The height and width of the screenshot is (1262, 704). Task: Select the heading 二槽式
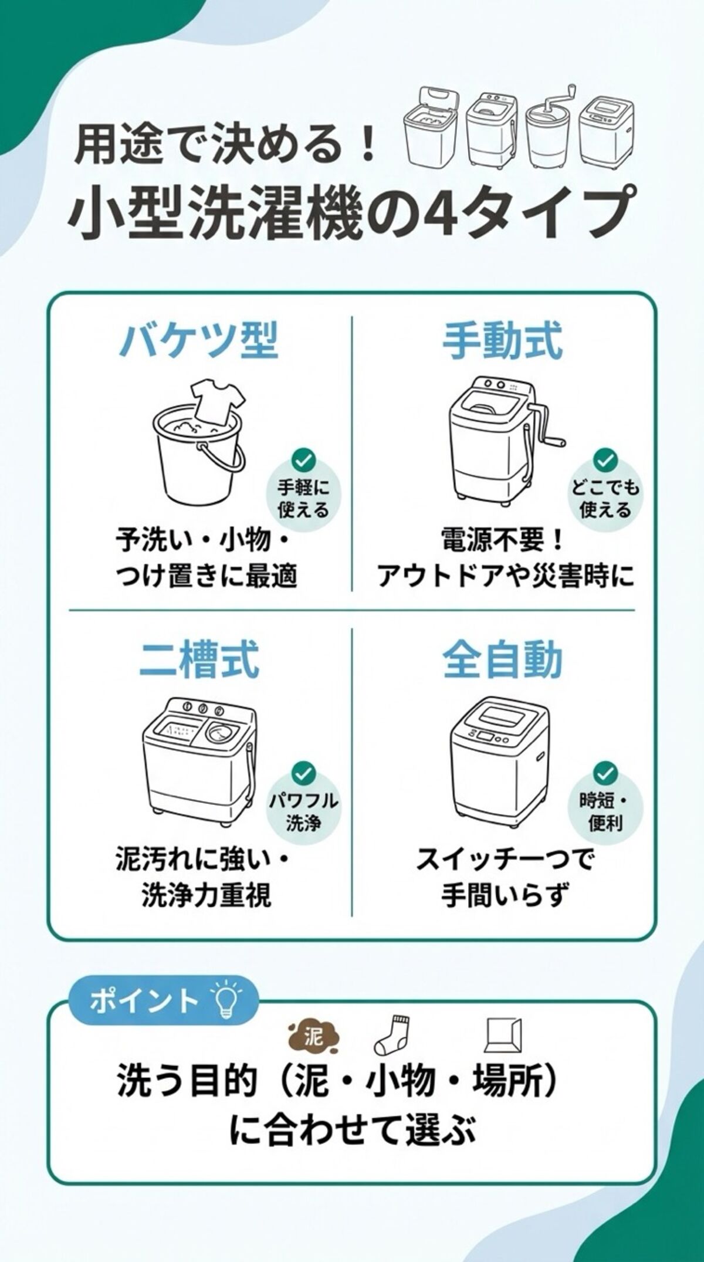click(x=199, y=661)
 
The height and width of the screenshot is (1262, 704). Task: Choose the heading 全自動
click(x=503, y=661)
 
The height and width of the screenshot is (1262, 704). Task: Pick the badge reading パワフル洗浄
click(x=303, y=802)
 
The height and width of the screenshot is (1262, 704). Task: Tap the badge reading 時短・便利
click(x=605, y=802)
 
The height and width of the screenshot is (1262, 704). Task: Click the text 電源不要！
click(x=503, y=541)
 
